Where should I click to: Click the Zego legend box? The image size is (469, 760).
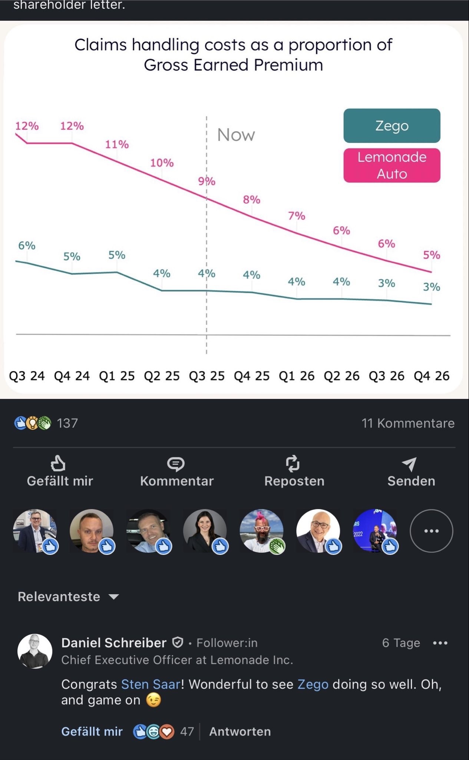(392, 126)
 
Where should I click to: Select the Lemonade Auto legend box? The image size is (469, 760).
(392, 166)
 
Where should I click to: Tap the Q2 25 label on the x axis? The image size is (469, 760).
(162, 376)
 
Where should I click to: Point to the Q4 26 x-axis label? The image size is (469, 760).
(432, 376)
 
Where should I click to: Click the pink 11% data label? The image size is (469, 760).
(117, 144)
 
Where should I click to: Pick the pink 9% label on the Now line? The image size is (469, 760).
(207, 181)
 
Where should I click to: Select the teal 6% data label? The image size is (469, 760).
(27, 246)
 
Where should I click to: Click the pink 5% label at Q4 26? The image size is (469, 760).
(432, 255)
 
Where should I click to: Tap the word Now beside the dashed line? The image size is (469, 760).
(236, 135)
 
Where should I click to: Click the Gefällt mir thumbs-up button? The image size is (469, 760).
(59, 471)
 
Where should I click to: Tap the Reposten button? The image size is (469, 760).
(294, 471)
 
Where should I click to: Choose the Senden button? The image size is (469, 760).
(411, 471)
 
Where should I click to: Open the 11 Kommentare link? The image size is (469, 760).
(408, 423)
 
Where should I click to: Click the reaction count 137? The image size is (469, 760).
(67, 423)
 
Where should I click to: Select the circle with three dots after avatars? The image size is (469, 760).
(431, 531)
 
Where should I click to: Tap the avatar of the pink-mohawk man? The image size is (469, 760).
(261, 531)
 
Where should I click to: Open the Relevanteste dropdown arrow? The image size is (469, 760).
(114, 597)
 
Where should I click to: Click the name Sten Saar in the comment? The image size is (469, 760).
(151, 684)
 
